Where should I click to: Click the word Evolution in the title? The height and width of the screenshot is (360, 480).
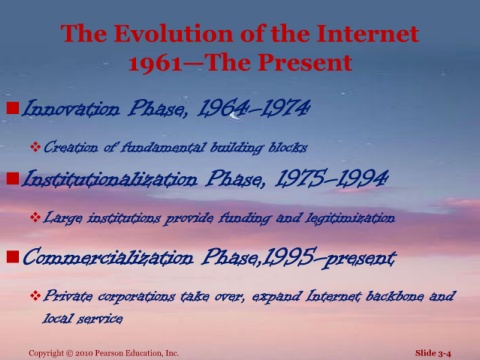[x=173, y=34]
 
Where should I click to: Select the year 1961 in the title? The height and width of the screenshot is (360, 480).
[x=156, y=63]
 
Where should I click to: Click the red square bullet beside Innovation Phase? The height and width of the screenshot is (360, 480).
[x=13, y=108]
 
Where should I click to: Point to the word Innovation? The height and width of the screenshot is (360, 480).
[x=70, y=108]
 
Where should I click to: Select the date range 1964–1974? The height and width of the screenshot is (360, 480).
[x=253, y=108]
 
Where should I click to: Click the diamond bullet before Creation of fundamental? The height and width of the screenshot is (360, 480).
[x=35, y=146]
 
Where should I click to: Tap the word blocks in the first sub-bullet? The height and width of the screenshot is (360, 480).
[x=288, y=147]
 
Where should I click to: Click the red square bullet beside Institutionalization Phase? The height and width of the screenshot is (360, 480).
[x=13, y=178]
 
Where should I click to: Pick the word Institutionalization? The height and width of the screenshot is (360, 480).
[x=109, y=179]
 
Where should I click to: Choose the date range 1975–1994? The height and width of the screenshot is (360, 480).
[x=332, y=178]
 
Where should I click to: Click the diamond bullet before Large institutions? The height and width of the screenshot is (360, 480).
[x=35, y=217]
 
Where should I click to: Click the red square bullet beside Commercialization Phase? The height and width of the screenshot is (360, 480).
[x=13, y=257]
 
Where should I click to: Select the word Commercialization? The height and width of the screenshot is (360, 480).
[x=108, y=257]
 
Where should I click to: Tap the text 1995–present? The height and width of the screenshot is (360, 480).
[x=329, y=257]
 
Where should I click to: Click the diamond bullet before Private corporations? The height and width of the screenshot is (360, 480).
[x=35, y=295]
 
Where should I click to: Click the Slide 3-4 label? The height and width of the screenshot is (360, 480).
[x=433, y=353]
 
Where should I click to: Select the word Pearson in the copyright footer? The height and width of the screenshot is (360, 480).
[x=109, y=353]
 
